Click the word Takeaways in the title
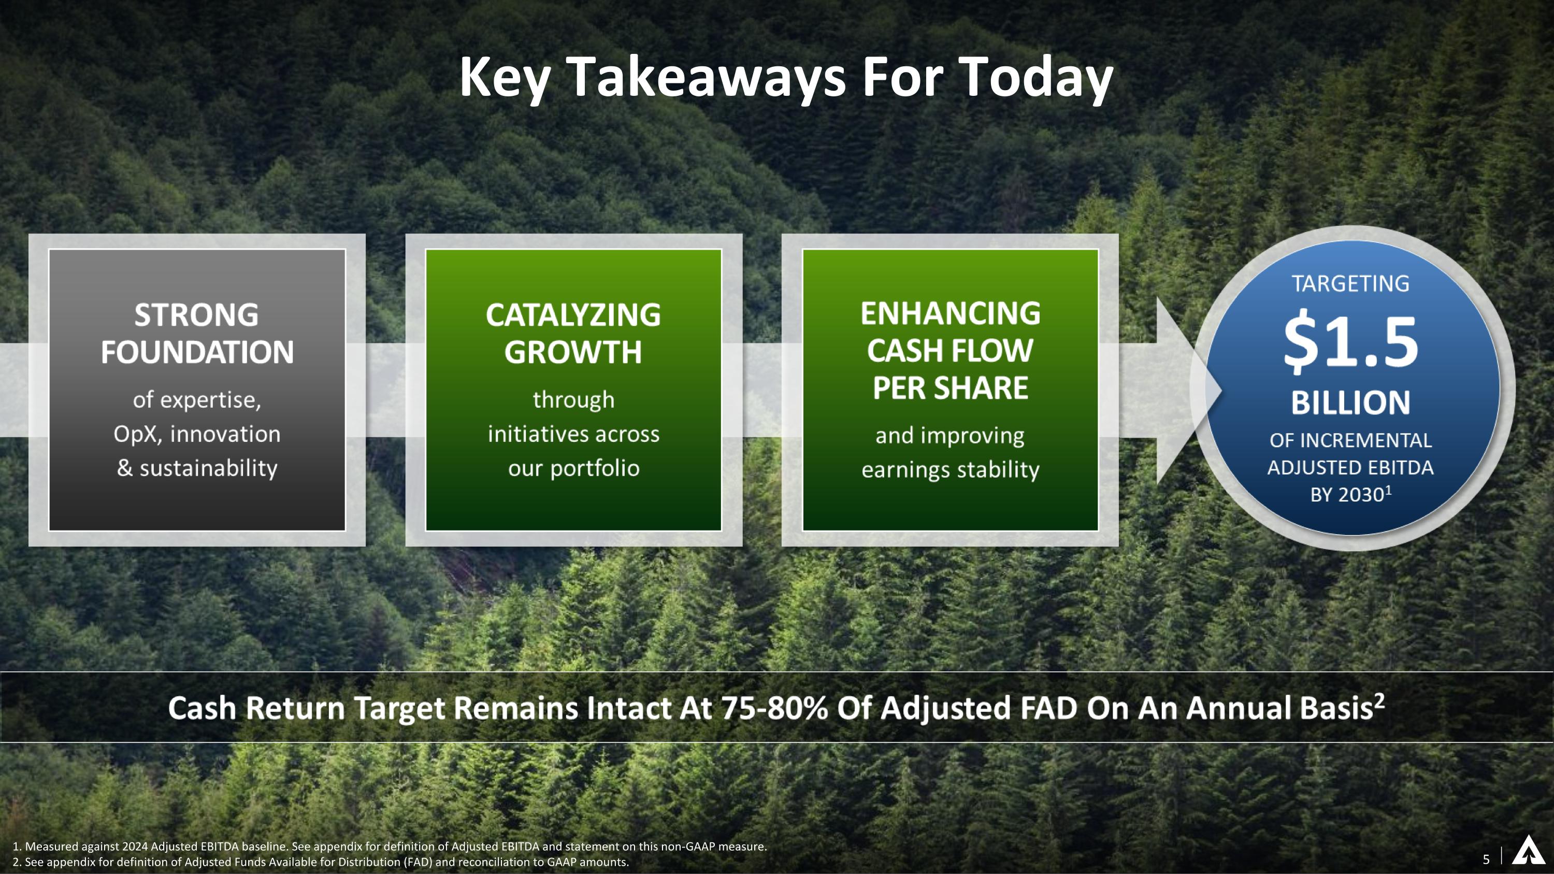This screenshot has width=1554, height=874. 707,78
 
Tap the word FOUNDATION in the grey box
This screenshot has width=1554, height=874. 197,353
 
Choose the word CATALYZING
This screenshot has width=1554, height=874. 573,316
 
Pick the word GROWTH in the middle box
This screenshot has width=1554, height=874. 573,353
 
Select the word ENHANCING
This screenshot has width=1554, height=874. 950,313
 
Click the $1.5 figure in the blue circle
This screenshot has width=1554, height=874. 1350,342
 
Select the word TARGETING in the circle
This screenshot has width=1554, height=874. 1350,283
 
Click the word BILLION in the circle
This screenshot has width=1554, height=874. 1350,403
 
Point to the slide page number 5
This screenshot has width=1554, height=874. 1486,859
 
